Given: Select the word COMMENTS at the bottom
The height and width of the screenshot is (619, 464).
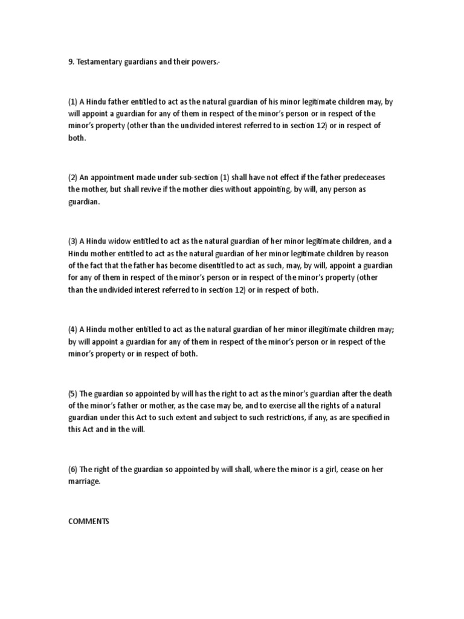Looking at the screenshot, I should (88, 520).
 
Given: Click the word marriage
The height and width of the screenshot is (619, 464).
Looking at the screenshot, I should (85, 482).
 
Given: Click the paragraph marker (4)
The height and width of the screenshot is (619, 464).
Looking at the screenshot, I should (72, 329).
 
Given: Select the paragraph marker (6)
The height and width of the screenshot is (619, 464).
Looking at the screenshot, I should (72, 469).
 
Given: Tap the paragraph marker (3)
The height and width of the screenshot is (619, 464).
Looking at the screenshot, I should (72, 241).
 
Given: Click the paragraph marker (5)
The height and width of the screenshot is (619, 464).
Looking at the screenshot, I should (72, 394).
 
